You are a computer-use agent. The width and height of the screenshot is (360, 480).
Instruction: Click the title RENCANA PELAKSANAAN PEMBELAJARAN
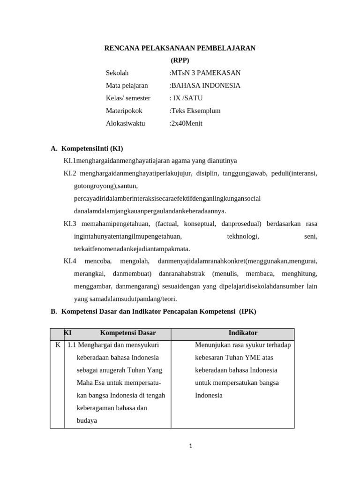(x=180, y=48)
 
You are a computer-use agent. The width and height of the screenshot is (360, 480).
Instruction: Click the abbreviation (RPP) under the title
(x=180, y=60)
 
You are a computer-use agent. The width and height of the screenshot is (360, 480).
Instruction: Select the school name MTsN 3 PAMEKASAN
(x=206, y=73)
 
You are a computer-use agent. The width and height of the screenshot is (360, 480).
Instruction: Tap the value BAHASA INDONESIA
(x=206, y=86)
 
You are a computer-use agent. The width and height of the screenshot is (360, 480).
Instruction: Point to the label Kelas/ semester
(x=128, y=98)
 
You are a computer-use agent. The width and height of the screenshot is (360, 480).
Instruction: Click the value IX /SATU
(x=187, y=98)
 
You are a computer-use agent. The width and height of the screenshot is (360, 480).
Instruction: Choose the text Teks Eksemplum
(x=195, y=111)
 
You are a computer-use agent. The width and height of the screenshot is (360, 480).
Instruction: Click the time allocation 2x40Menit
(x=186, y=124)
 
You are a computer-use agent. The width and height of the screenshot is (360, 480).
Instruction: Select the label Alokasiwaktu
(x=126, y=124)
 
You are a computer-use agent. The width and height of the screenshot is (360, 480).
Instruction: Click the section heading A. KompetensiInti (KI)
(x=87, y=149)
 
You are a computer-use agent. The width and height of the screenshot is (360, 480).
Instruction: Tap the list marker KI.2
(x=70, y=173)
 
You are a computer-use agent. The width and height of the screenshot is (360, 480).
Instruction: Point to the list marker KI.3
(x=70, y=224)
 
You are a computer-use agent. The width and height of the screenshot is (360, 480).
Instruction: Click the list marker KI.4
(x=70, y=261)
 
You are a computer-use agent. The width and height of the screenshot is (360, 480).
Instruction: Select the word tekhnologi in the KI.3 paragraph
(x=243, y=236)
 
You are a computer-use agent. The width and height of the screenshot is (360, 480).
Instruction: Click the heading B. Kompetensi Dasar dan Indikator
(x=154, y=311)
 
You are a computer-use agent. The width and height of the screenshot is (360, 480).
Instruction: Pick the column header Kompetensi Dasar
(x=127, y=333)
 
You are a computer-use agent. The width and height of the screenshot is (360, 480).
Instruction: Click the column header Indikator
(x=243, y=333)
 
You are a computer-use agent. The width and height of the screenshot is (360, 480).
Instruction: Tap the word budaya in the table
(x=87, y=421)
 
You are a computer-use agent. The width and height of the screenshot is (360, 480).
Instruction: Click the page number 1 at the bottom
(x=191, y=446)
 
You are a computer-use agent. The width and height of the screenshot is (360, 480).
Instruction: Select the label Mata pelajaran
(x=127, y=86)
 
